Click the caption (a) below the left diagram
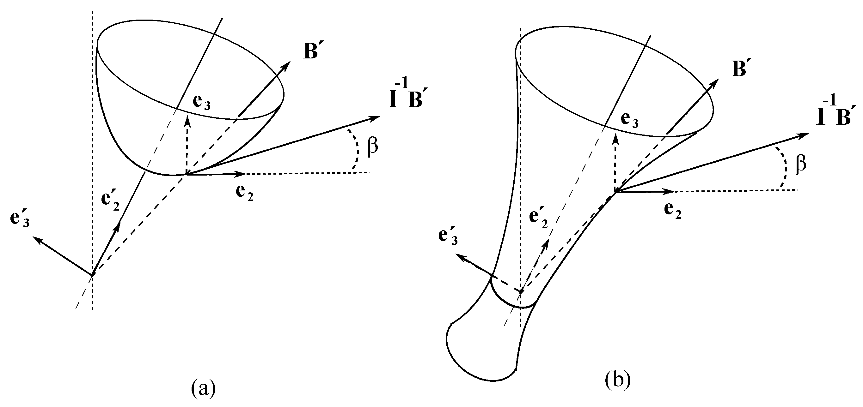tap(203, 388)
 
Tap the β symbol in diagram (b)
tap(801, 165)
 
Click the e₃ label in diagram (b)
tap(629, 119)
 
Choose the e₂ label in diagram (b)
tap(672, 210)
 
